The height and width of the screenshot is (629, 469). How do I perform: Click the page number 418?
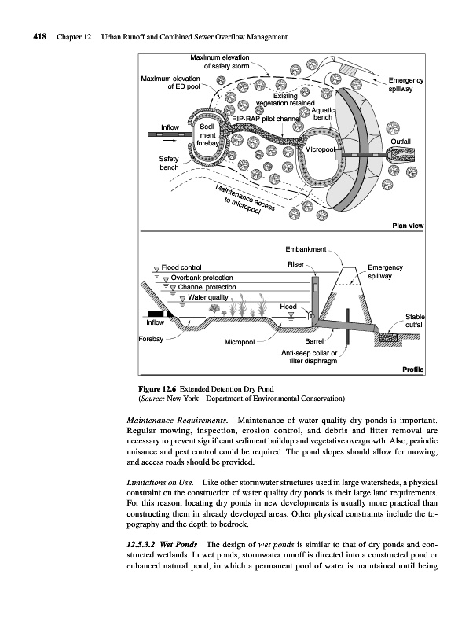pos(40,37)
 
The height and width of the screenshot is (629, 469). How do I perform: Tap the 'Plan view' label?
pos(408,226)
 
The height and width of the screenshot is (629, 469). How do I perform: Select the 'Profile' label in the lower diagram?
pos(413,370)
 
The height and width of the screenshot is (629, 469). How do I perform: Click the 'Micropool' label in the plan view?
pos(320,149)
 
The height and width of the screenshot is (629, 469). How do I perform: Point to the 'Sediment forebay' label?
pos(207,134)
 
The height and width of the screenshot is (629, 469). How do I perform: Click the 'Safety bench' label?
pos(169,163)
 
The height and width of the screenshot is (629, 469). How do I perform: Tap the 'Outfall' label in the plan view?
pos(401,142)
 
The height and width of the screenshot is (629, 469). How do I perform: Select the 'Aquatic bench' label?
pos(323,113)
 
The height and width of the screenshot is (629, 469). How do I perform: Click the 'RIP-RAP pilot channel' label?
pos(266,119)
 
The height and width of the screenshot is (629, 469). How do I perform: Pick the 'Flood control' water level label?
pos(181,267)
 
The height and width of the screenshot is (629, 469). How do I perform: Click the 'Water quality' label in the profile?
pos(208,297)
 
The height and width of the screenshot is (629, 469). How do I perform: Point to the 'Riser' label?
pos(296,264)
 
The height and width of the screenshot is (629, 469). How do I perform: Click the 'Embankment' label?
pos(306,249)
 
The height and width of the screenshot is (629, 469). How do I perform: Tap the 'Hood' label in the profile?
pos(288,307)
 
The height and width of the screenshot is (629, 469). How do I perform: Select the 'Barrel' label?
pos(314,341)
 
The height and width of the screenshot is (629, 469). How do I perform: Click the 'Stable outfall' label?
pos(415,321)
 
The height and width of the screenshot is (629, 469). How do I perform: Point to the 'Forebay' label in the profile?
pos(151,339)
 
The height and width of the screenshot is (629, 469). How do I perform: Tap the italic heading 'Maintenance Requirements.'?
pos(178,421)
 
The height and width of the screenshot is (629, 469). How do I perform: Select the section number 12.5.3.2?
pos(141,544)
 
